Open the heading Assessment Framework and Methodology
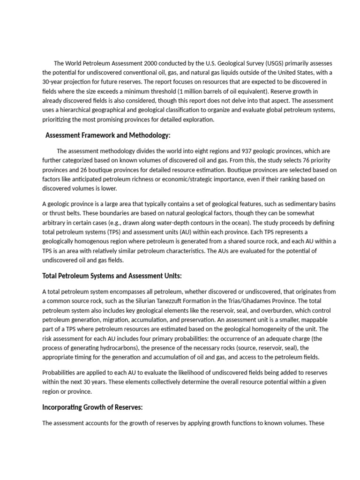pos(108,135)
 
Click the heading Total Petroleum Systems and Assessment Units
pos(112,276)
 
